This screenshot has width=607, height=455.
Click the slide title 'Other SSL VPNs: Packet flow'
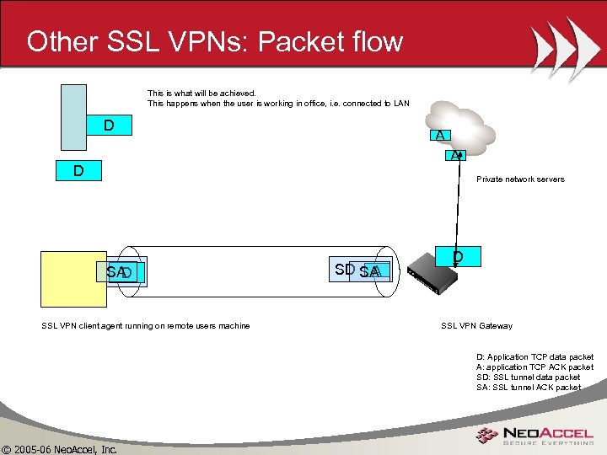pyautogui.click(x=215, y=41)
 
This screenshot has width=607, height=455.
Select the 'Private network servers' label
pyautogui.click(x=520, y=179)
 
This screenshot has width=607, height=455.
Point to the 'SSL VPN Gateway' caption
pyautogui.click(x=476, y=326)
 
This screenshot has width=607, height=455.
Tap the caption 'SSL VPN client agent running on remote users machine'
pyautogui.click(x=146, y=326)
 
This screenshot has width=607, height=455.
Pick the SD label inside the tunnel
pyautogui.click(x=344, y=270)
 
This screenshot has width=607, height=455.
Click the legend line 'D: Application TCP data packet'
pyautogui.click(x=534, y=357)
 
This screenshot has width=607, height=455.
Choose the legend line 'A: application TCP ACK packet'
pyautogui.click(x=534, y=367)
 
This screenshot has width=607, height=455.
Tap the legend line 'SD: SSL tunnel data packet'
pyautogui.click(x=528, y=377)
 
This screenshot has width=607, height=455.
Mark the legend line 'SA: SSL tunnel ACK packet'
pyautogui.click(x=528, y=388)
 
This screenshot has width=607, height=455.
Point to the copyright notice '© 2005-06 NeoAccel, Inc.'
pyautogui.click(x=59, y=449)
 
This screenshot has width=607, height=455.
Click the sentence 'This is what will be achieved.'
pyautogui.click(x=201, y=94)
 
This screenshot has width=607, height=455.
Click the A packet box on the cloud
pyautogui.click(x=440, y=136)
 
